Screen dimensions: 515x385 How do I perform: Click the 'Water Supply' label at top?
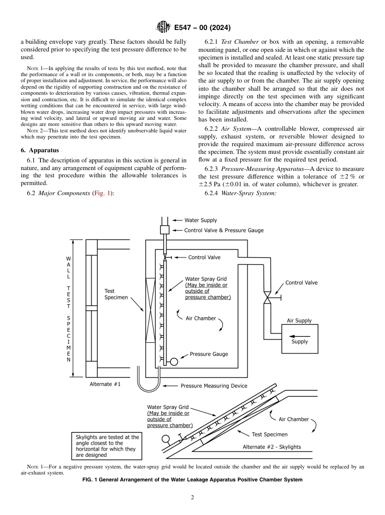201,220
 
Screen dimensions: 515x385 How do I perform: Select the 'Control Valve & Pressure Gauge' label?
224,230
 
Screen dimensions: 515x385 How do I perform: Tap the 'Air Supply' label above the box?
299,321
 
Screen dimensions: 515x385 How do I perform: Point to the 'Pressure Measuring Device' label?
214,386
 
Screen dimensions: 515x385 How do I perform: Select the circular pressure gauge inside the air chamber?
174,362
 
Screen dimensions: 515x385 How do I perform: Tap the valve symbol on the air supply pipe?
267,298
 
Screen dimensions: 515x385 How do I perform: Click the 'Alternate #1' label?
105,384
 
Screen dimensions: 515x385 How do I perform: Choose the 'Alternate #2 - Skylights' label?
272,447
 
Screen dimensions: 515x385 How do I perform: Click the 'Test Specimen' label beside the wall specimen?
115,294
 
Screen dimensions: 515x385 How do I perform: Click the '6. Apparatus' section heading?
40,150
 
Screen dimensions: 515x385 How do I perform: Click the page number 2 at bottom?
192,498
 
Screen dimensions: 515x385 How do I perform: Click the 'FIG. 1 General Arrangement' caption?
192,480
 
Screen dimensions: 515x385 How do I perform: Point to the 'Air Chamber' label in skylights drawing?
293,419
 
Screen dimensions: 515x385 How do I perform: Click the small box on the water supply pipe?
165,230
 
